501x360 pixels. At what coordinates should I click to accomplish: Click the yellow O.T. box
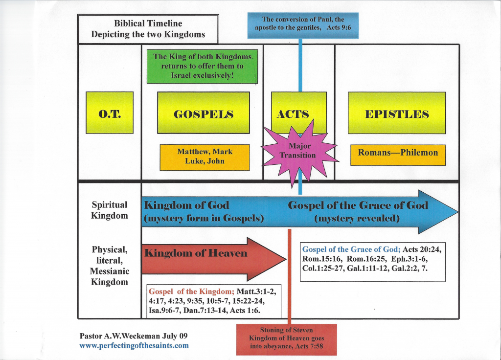(110, 112)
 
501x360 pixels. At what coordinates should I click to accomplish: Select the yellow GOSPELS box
(203, 112)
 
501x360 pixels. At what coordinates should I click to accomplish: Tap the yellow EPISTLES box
(396, 112)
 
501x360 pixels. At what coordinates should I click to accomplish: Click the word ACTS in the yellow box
(293, 114)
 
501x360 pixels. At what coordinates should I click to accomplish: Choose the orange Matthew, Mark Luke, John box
(205, 157)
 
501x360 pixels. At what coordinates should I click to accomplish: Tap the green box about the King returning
(202, 67)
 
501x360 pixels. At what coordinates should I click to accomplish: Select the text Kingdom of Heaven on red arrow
(196, 253)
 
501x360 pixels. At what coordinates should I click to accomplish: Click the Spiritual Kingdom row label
(110, 210)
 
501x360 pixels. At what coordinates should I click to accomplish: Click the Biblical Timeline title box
(148, 29)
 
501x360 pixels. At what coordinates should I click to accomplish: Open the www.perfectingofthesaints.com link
(134, 346)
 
